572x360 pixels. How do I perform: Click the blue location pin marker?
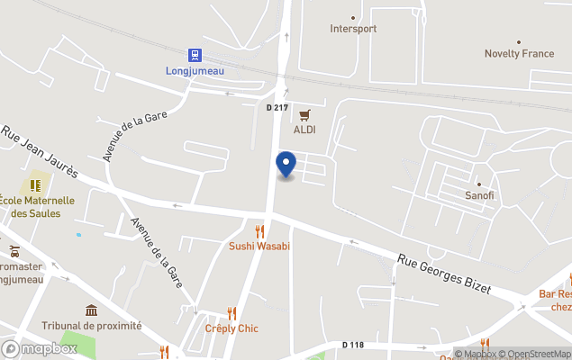tap(286, 165)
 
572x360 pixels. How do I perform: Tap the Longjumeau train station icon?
tap(195, 55)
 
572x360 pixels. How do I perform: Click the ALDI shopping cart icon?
tap(304, 114)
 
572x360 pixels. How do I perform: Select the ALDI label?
tap(304, 129)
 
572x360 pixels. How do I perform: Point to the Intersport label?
tap(353, 29)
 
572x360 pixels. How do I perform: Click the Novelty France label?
tap(519, 54)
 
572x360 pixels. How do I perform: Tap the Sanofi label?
tap(479, 195)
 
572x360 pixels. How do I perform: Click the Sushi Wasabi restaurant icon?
tap(259, 231)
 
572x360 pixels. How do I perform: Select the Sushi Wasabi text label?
tap(259, 246)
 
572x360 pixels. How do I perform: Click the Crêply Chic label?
tap(231, 328)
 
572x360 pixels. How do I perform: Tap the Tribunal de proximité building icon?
tap(91, 310)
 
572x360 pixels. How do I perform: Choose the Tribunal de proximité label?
tap(91, 326)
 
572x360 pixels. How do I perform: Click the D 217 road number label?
tap(277, 108)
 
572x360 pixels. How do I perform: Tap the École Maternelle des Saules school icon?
tap(36, 184)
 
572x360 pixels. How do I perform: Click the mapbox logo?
tap(40, 348)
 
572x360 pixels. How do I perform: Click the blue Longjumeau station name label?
tap(195, 70)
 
